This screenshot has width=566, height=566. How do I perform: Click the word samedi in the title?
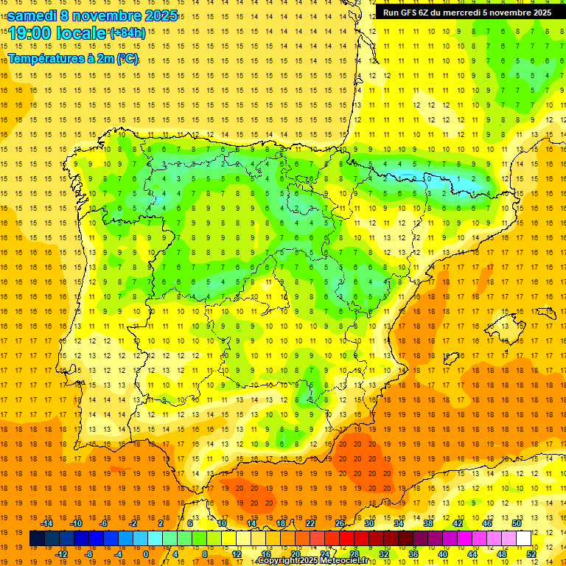[32, 15]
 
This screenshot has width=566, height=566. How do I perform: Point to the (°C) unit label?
[126, 59]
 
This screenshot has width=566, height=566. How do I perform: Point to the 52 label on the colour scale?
[531, 554]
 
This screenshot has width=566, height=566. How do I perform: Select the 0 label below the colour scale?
[145, 554]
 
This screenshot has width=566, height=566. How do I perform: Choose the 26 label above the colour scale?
[340, 523]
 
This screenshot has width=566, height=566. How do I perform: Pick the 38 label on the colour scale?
[428, 523]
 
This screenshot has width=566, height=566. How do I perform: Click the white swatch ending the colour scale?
[523, 539]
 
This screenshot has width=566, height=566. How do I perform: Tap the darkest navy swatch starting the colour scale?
[37, 539]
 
